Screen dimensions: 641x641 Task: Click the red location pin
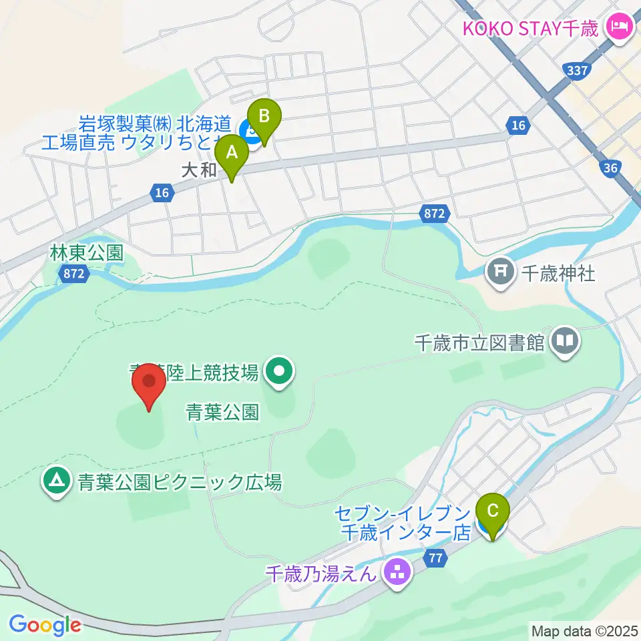pyautogui.click(x=148, y=386)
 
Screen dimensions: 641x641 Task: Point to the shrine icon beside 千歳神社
pyautogui.click(x=501, y=273)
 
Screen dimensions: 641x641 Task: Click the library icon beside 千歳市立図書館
pyautogui.click(x=565, y=343)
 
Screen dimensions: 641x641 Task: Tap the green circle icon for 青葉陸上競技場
pyautogui.click(x=278, y=373)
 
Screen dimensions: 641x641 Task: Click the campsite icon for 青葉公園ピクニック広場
pyautogui.click(x=56, y=481)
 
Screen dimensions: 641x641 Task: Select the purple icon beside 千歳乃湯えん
pyautogui.click(x=398, y=572)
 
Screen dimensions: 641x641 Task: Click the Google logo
pyautogui.click(x=45, y=625)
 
